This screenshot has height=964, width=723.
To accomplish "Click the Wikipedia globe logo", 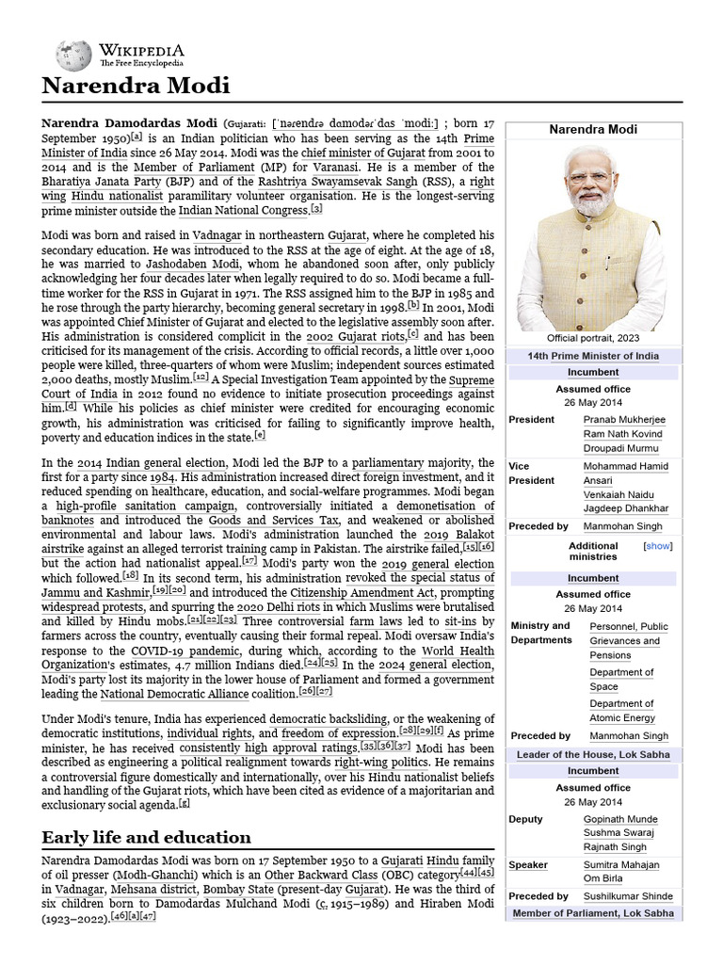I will [x=72, y=55].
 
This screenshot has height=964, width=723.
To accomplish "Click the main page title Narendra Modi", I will [x=137, y=87].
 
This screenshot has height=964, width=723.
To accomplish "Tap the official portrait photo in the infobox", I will [x=593, y=234].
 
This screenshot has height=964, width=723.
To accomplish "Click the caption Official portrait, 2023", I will [x=593, y=337].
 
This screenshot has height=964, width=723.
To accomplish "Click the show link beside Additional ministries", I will [x=657, y=545].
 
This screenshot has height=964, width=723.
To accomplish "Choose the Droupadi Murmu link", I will [x=622, y=447].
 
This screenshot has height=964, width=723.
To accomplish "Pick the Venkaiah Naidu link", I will [x=620, y=494].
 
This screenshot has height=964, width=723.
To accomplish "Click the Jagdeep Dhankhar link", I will [x=625, y=508].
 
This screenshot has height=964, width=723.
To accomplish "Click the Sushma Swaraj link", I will [x=621, y=833].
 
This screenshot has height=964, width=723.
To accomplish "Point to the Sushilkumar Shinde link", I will [x=628, y=896].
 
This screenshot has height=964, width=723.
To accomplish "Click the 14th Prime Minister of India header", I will [x=593, y=356].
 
